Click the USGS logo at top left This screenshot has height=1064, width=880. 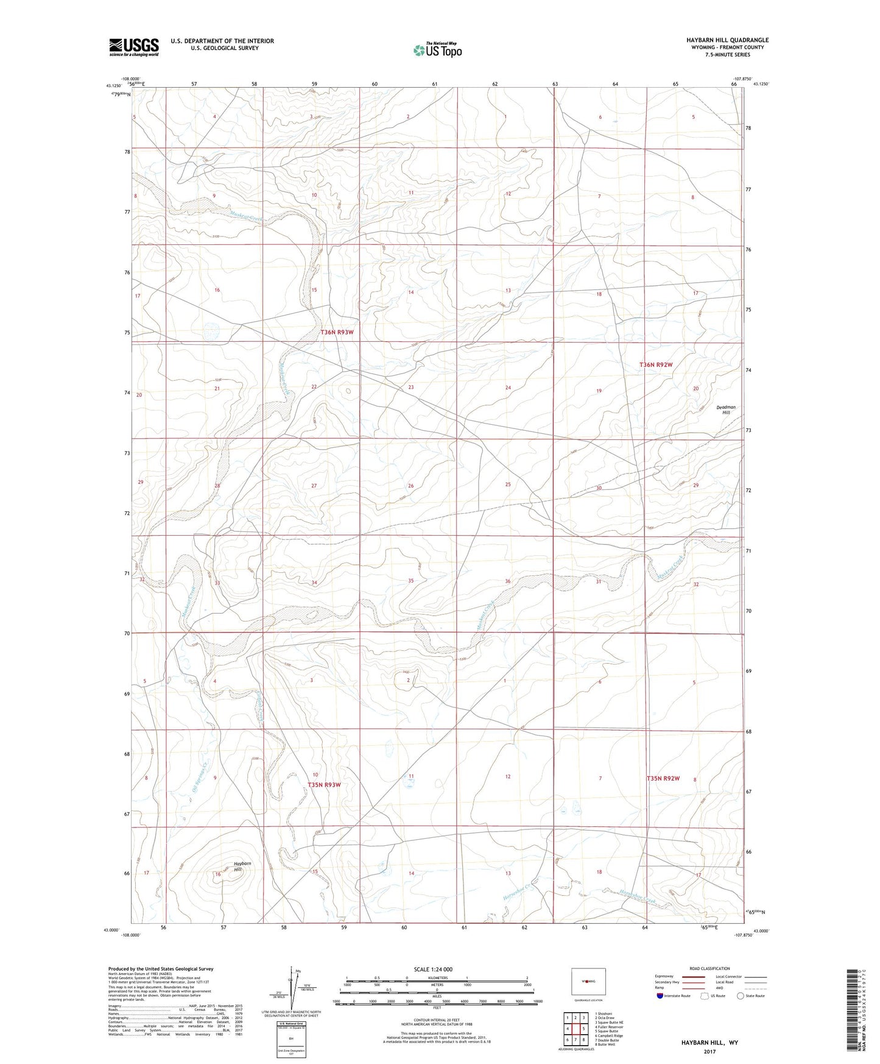coord(133,47)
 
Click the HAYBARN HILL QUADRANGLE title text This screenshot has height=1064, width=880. coord(719,40)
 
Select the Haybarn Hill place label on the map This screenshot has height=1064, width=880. coord(242,867)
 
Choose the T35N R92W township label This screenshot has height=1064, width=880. coord(663,779)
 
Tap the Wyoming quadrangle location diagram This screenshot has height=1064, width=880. coord(588,981)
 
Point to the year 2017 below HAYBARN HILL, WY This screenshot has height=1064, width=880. coord(709,1051)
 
